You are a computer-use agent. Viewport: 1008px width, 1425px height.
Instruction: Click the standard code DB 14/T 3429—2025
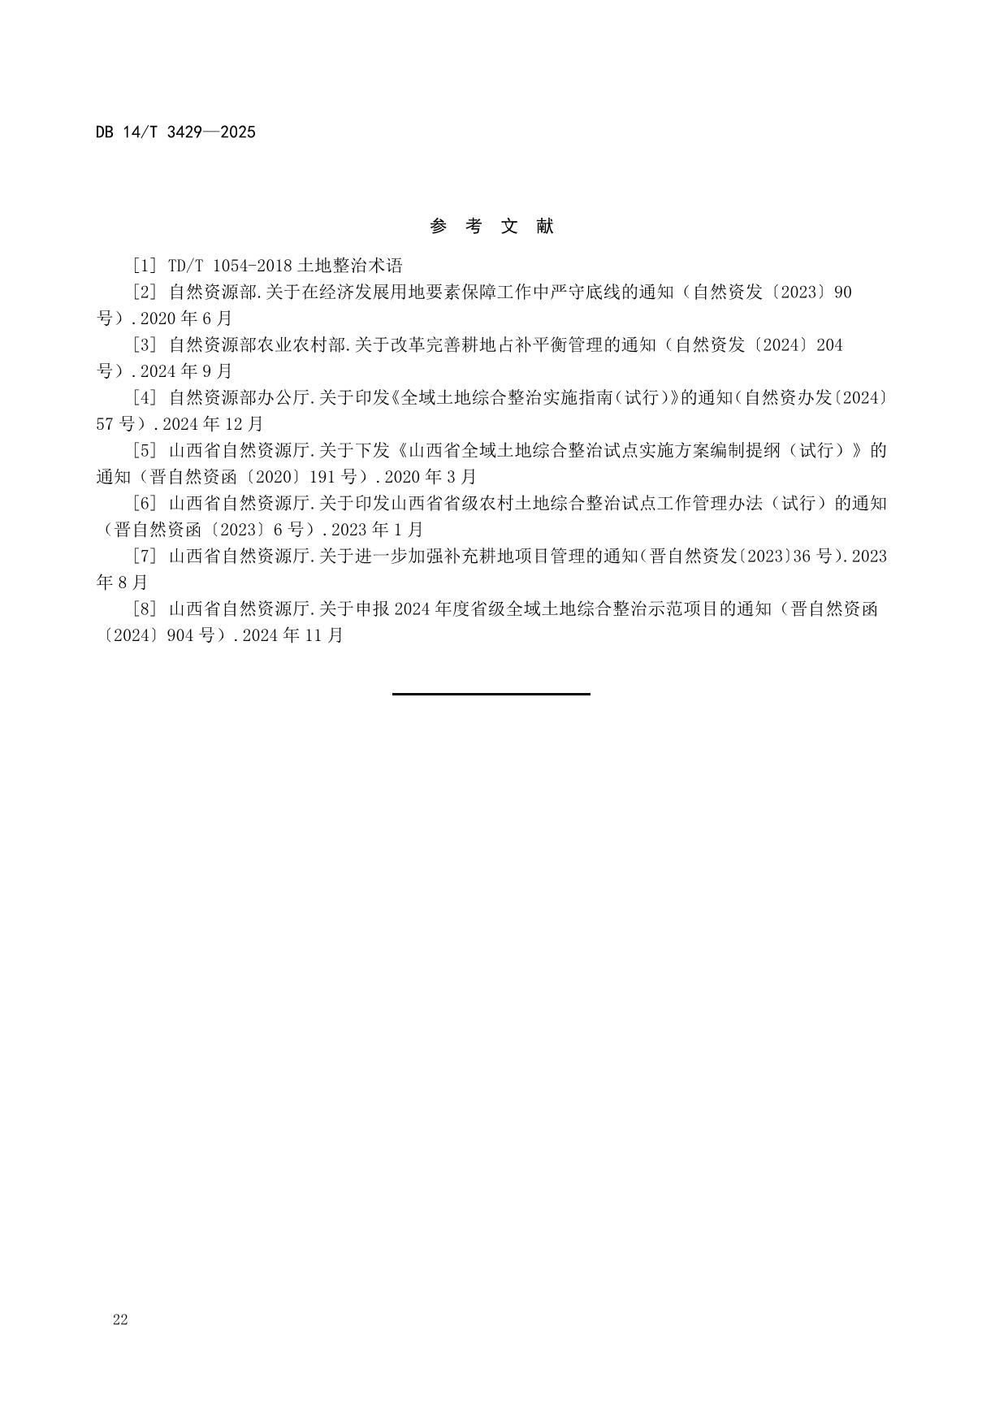[x=175, y=132]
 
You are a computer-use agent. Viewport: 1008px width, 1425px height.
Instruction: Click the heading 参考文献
[x=491, y=227]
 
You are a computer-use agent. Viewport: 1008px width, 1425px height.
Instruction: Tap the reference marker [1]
[x=143, y=266]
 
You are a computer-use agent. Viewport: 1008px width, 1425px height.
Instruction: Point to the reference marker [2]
[x=143, y=292]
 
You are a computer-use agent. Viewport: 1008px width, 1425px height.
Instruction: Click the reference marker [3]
[x=143, y=345]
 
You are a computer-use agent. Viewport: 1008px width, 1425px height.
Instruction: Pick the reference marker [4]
[x=143, y=398]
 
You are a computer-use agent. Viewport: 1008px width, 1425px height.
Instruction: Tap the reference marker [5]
[x=143, y=451]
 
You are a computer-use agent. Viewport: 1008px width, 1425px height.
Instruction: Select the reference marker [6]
[x=143, y=504]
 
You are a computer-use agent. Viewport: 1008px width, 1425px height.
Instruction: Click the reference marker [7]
[x=143, y=557]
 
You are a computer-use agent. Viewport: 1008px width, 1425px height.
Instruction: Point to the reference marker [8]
[x=143, y=609]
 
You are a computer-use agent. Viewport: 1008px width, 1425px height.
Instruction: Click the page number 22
[x=120, y=1320]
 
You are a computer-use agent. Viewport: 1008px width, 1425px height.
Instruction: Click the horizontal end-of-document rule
[x=491, y=694]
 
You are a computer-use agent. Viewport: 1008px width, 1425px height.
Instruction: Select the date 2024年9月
[x=186, y=371]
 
